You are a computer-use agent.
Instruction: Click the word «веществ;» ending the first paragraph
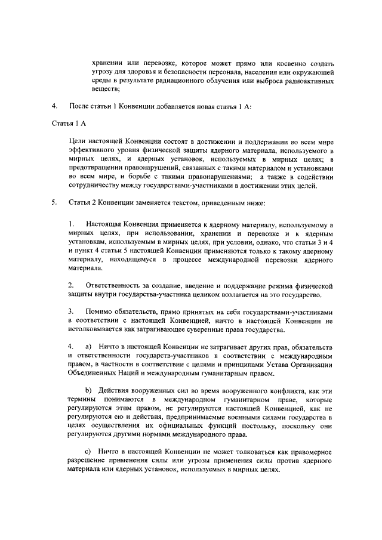tap(106, 90)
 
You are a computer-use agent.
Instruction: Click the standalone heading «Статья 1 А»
tap(70, 124)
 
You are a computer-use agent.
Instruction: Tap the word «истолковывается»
tap(95, 330)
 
